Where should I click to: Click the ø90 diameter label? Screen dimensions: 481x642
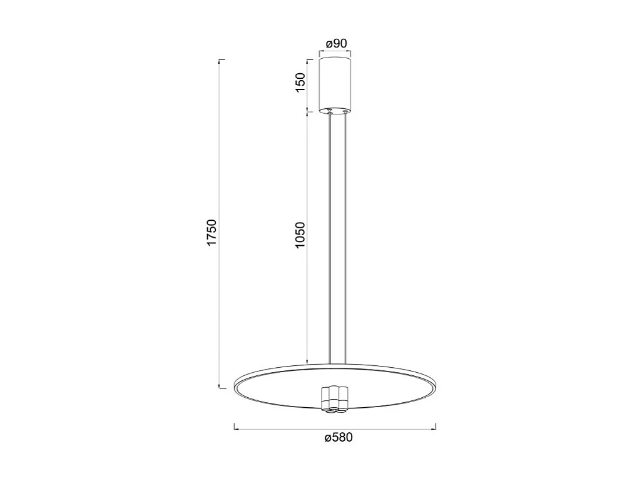click(x=337, y=44)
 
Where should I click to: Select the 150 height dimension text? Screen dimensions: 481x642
click(x=300, y=83)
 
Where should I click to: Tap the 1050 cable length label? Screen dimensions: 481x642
click(x=300, y=235)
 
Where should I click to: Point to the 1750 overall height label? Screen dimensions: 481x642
click(x=212, y=232)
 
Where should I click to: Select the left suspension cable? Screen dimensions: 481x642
click(x=330, y=238)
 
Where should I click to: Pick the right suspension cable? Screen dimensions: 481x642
click(x=345, y=238)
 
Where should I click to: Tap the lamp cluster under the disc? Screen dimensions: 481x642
click(x=335, y=399)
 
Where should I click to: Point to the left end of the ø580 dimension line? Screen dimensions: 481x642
click(x=234, y=428)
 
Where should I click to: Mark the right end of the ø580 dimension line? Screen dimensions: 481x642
click(x=436, y=428)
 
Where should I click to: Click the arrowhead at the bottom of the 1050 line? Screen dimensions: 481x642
click(x=307, y=360)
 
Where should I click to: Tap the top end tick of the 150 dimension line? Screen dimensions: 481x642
click(x=307, y=61)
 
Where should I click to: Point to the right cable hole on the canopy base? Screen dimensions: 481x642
click(x=344, y=111)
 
